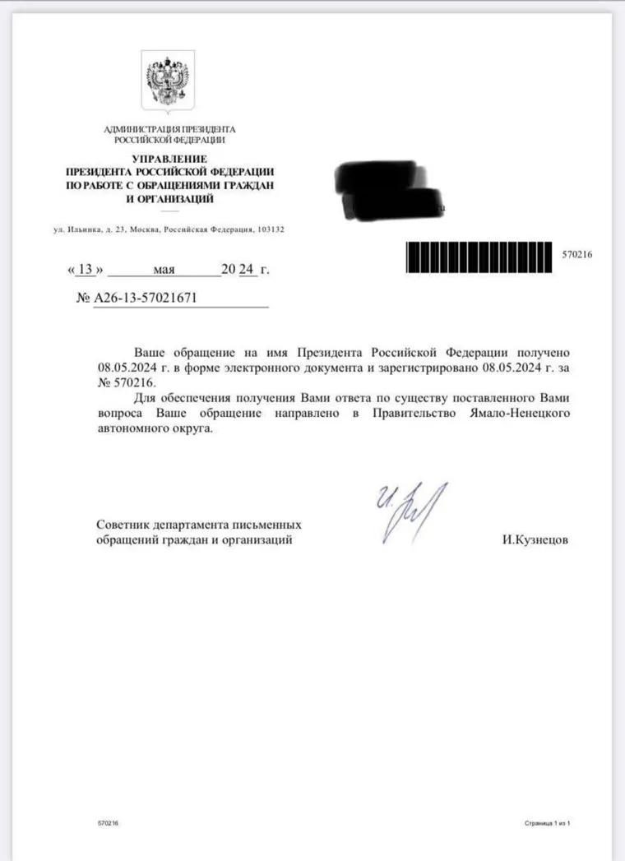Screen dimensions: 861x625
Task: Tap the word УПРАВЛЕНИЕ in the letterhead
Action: click(169, 158)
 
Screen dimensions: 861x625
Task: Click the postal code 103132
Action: click(270, 229)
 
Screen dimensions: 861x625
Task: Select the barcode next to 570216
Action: click(480, 255)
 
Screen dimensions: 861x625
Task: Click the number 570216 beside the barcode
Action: click(577, 255)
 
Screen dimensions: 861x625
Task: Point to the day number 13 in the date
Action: click(85, 269)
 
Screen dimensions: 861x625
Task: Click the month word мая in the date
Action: click(164, 269)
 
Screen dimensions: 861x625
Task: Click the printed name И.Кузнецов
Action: click(535, 540)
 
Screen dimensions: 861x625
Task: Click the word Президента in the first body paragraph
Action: click(335, 351)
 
